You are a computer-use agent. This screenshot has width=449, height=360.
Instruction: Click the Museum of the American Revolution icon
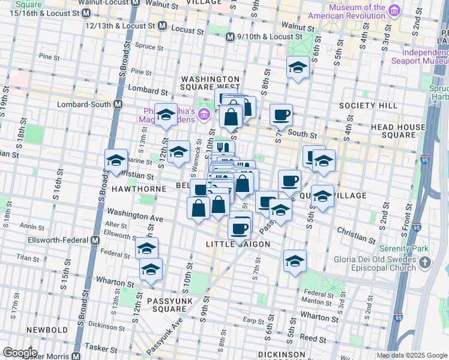click(394, 10)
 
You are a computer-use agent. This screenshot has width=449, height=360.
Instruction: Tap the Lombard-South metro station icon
click(118, 104)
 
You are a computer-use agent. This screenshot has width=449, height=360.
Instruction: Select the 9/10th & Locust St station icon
click(229, 37)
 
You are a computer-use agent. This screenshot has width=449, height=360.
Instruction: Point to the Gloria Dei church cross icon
click(425, 262)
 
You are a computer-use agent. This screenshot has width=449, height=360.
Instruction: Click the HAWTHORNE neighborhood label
click(139, 188)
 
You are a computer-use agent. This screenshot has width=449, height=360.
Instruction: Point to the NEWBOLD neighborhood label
click(46, 330)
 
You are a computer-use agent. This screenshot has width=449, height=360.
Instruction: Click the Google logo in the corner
click(20, 353)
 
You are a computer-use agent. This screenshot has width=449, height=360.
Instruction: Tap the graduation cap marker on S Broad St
click(116, 160)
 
